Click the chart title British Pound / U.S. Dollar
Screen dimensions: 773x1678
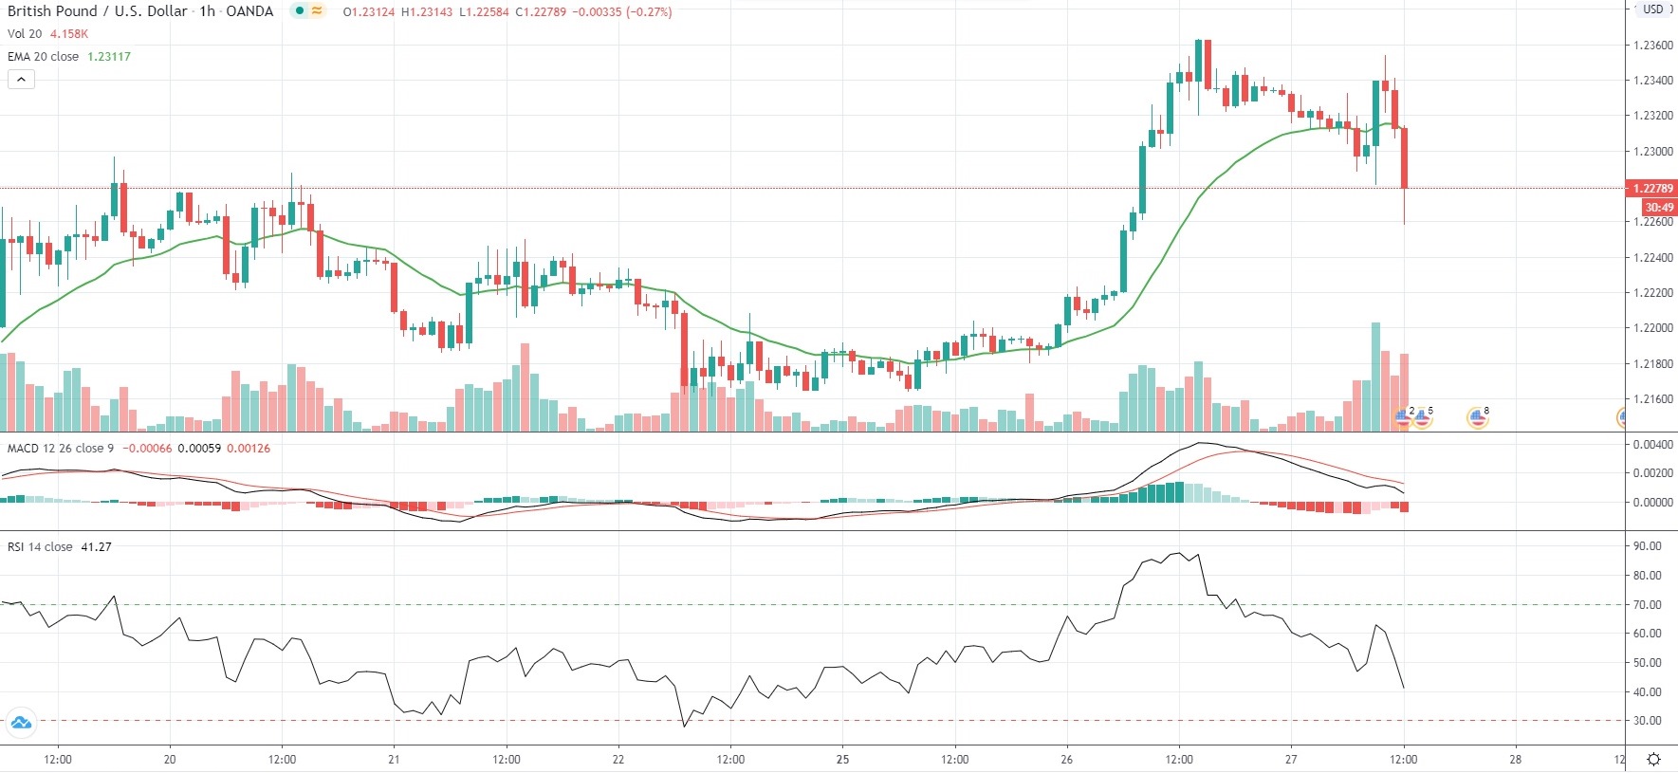pyautogui.click(x=97, y=11)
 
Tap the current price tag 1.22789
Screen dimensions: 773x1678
pyautogui.click(x=1651, y=189)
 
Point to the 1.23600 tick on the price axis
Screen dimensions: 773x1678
pyautogui.click(x=1651, y=46)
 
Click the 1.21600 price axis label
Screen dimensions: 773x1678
pyautogui.click(x=1651, y=399)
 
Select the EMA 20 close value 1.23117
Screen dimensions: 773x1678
pyautogui.click(x=109, y=57)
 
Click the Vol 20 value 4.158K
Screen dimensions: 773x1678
pyautogui.click(x=69, y=34)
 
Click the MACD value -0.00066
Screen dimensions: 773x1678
pyautogui.click(x=147, y=449)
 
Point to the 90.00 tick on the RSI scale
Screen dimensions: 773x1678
pyautogui.click(x=1647, y=546)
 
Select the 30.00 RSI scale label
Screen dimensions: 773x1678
pyautogui.click(x=1647, y=721)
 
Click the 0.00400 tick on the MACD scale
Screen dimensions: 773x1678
pyautogui.click(x=1651, y=445)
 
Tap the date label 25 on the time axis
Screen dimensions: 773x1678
pyautogui.click(x=842, y=760)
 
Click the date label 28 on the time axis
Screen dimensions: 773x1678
pyautogui.click(x=1515, y=760)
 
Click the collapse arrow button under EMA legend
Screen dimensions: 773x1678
pyautogui.click(x=21, y=80)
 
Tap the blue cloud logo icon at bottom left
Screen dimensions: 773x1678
pyautogui.click(x=20, y=724)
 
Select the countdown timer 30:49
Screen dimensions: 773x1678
pyautogui.click(x=1659, y=208)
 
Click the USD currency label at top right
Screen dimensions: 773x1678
pyautogui.click(x=1653, y=9)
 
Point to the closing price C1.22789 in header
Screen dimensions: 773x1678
pyautogui.click(x=541, y=12)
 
